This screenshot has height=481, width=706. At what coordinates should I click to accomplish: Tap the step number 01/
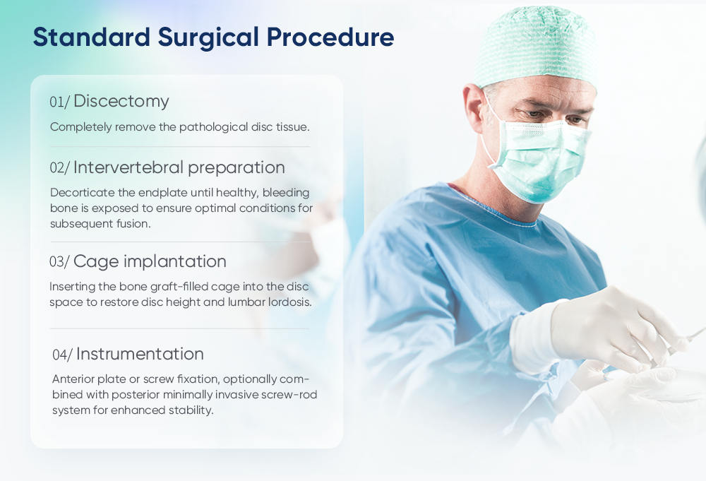pos(59,102)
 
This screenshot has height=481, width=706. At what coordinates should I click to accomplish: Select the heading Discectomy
pos(121,101)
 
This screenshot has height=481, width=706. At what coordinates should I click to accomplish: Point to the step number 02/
pos(59,169)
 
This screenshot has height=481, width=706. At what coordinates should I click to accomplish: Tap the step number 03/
pos(59,262)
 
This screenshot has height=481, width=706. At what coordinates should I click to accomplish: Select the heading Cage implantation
pos(150,261)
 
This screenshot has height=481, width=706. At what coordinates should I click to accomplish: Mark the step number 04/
pos(62,355)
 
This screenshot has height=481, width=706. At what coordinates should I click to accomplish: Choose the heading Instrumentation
pos(140,354)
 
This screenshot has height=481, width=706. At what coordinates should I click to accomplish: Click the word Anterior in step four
pos(73,379)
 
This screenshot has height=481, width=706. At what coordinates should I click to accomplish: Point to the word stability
pos(191,410)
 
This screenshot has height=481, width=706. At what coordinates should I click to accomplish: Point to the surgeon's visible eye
pos(539,113)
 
